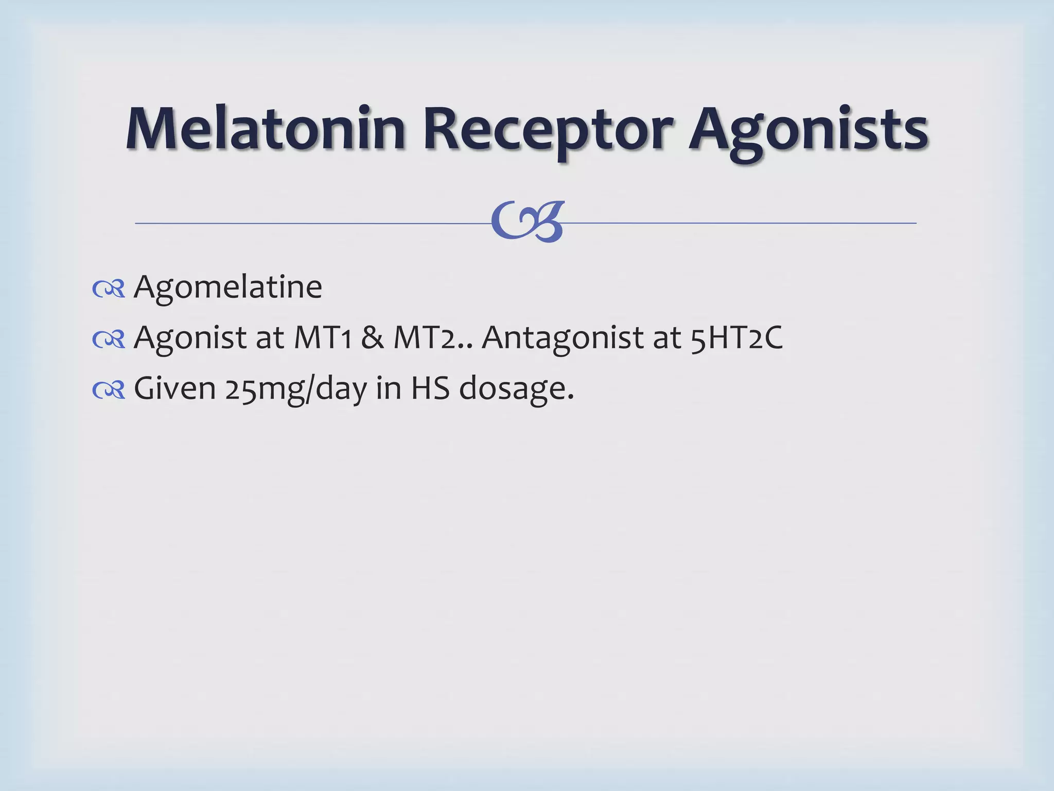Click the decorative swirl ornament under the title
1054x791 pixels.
tap(528, 221)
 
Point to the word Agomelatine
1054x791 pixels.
tap(227, 286)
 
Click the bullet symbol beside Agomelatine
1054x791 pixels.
tap(109, 289)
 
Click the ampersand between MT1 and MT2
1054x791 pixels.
tap(372, 338)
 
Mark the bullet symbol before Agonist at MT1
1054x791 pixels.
tap(109, 339)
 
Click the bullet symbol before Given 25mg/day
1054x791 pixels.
tap(109, 390)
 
